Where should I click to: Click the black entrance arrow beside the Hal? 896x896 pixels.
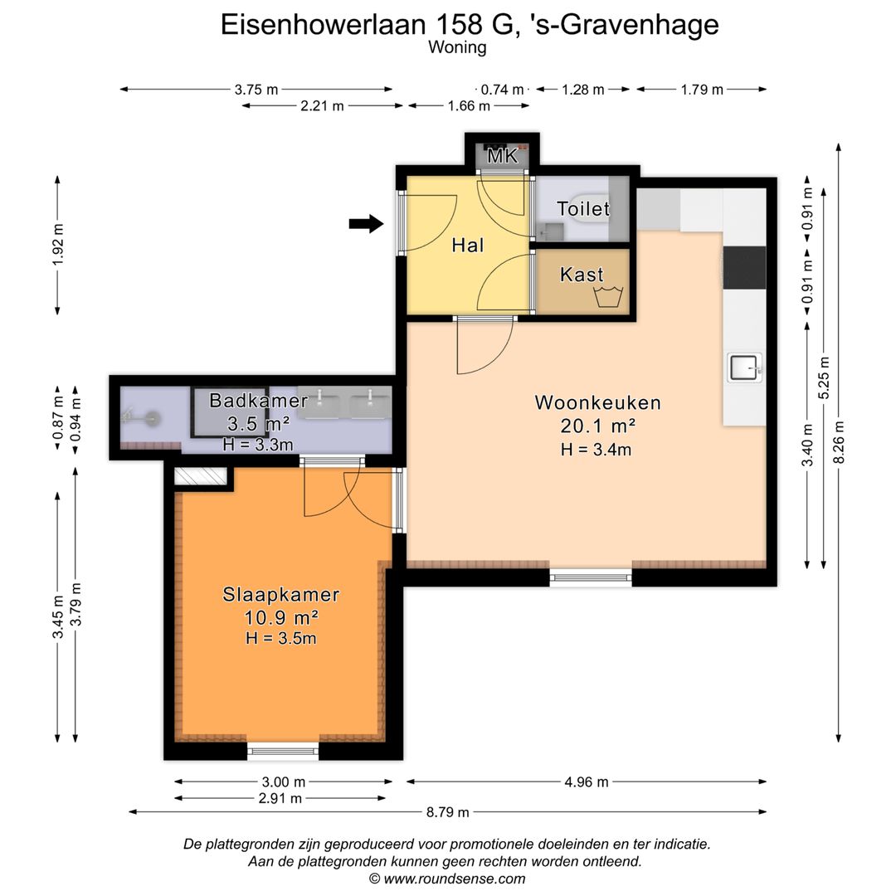pyautogui.click(x=366, y=222)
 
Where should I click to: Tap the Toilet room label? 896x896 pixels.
pyautogui.click(x=582, y=208)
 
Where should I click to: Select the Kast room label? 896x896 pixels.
pyautogui.click(x=582, y=274)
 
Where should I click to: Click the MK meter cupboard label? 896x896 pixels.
pyautogui.click(x=502, y=156)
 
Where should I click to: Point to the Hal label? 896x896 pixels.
pyautogui.click(x=468, y=246)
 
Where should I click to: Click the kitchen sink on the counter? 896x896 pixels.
pyautogui.click(x=744, y=366)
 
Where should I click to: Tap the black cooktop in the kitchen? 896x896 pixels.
pyautogui.click(x=744, y=267)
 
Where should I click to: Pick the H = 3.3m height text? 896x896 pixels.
pyautogui.click(x=258, y=445)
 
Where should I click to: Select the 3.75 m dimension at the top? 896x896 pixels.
pyautogui.click(x=256, y=90)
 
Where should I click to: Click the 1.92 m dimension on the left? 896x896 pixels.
pyautogui.click(x=57, y=246)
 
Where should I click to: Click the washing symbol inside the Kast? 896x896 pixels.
pyautogui.click(x=609, y=296)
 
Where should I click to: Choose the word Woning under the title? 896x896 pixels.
pyautogui.click(x=457, y=47)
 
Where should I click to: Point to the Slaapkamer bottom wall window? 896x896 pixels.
pyautogui.click(x=284, y=752)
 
